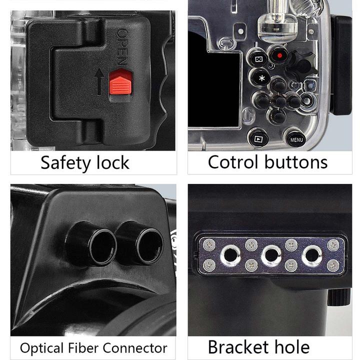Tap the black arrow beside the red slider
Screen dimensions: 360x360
point(99,81)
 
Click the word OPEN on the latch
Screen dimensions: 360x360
point(122,47)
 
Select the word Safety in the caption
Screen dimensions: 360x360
point(65,163)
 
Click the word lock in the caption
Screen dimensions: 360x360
point(112,162)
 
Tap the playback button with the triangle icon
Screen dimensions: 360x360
point(258,138)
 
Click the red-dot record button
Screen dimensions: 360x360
point(279,55)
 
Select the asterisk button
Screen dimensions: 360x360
point(261,78)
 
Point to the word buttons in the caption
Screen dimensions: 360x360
point(296,161)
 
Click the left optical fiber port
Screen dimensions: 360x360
point(92,244)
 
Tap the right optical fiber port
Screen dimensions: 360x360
point(140,243)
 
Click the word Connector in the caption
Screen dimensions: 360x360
point(135,348)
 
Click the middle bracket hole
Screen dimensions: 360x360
point(271,255)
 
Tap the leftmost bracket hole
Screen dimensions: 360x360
point(230,255)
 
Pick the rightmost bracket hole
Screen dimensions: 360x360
point(312,255)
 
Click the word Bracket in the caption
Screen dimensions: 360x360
point(239,347)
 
